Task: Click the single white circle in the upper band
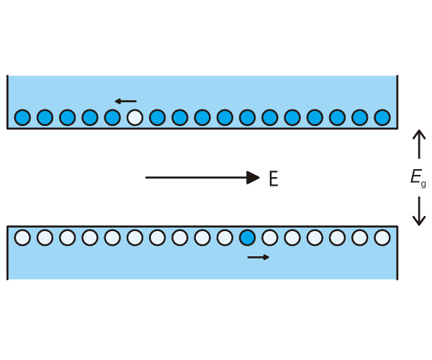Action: (135, 117)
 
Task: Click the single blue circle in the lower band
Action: (247, 238)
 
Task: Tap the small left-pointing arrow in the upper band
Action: (125, 102)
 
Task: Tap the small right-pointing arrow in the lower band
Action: (258, 257)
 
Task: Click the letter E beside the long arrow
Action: (273, 179)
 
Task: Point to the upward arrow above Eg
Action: (419, 144)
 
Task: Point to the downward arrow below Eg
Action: (419, 211)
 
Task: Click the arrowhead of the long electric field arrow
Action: (253, 178)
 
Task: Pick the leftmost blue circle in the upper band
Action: (22, 117)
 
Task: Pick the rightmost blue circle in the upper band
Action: (382, 117)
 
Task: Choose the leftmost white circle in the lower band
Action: (22, 238)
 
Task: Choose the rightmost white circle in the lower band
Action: (382, 238)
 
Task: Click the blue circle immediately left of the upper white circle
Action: (112, 117)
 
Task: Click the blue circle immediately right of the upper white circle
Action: (157, 117)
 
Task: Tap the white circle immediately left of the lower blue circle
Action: (225, 238)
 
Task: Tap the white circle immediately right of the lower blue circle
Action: (270, 238)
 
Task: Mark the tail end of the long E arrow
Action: (147, 178)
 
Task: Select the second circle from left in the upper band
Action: (45, 117)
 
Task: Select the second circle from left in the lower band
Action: (45, 238)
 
